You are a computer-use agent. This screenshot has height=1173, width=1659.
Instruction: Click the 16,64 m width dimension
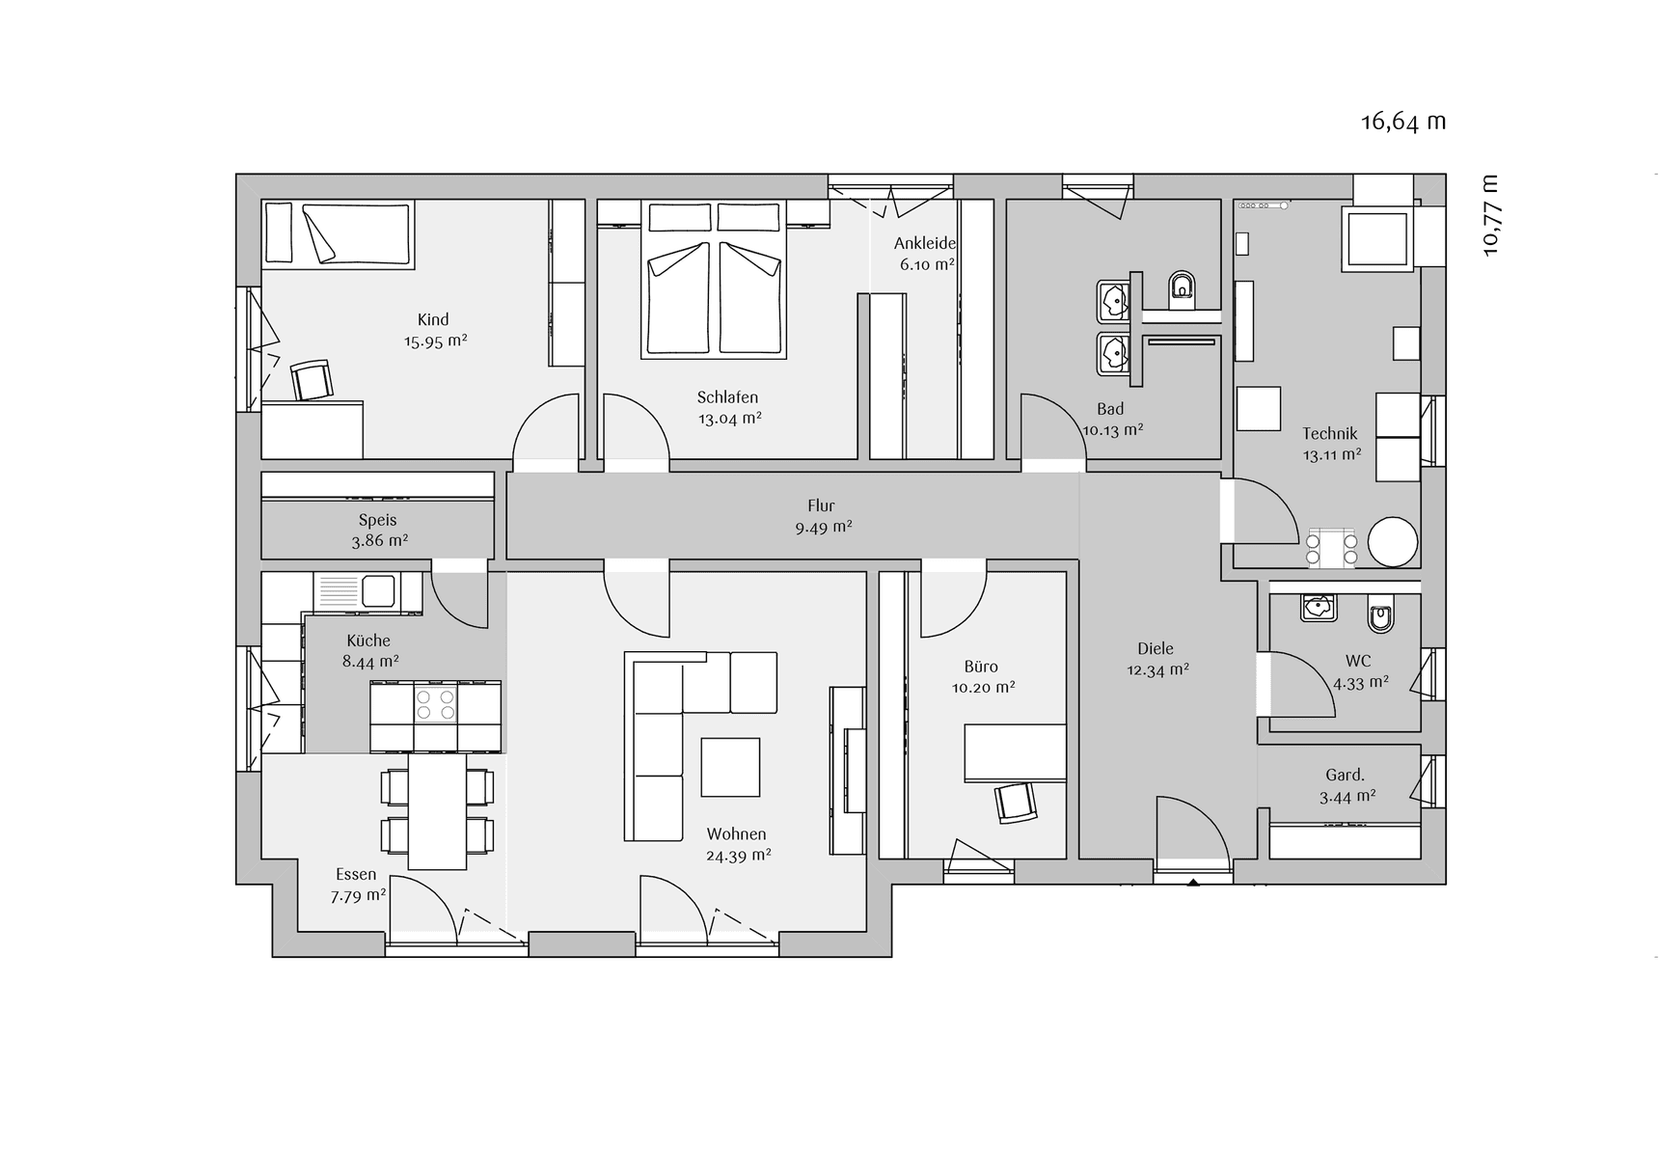coord(1403,122)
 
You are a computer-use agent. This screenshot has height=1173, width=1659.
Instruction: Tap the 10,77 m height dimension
coord(1491,215)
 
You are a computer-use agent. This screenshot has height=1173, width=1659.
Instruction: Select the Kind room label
coord(433,319)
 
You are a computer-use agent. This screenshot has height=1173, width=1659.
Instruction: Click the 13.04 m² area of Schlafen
coord(730,418)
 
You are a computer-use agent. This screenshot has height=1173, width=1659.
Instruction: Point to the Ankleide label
coord(925,243)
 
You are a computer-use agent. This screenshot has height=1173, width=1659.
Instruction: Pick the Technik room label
coord(1330,433)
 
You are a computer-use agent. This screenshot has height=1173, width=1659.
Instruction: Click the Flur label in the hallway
coord(821,505)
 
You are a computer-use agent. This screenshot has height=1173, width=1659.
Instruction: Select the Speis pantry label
coord(378,520)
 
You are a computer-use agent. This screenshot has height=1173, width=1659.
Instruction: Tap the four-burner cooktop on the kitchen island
coord(435,702)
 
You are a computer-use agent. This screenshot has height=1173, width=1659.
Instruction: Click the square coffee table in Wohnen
coord(730,767)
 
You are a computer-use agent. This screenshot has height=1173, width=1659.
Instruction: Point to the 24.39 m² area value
coord(739,855)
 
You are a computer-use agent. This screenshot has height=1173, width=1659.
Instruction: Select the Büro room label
coord(981,667)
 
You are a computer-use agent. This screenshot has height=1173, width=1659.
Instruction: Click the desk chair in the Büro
coord(1016,802)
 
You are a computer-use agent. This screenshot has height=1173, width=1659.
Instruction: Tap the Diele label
coord(1156,649)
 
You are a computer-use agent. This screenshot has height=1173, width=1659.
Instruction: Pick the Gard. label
coord(1345,775)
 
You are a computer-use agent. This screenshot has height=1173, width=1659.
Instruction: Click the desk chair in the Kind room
coord(312,379)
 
